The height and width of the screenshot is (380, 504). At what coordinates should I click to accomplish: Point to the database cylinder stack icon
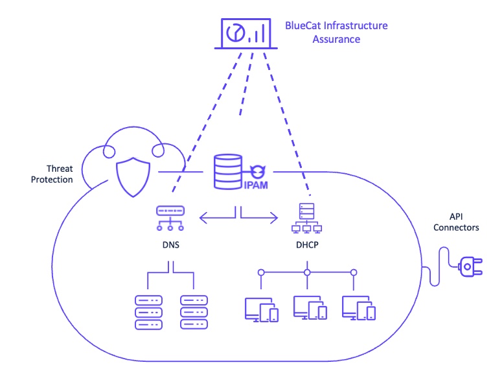(227, 171)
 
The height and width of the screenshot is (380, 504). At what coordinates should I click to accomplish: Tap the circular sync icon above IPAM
(258, 171)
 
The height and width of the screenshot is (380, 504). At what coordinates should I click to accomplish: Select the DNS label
(170, 246)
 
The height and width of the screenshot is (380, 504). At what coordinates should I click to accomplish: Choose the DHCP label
(308, 246)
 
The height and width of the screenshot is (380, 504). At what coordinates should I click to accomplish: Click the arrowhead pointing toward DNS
(203, 219)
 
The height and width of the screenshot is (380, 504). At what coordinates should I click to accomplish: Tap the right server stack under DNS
(194, 313)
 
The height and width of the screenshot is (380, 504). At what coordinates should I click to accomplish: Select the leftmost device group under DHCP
(261, 309)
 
